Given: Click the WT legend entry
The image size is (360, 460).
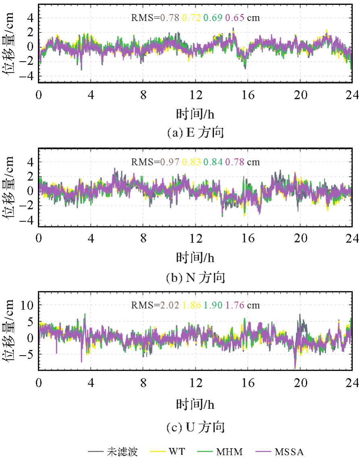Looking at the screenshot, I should pyautogui.click(x=177, y=452).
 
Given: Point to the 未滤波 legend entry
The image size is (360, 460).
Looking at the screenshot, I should pyautogui.click(x=123, y=452).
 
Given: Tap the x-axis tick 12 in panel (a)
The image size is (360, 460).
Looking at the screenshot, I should pyautogui.click(x=196, y=95).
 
